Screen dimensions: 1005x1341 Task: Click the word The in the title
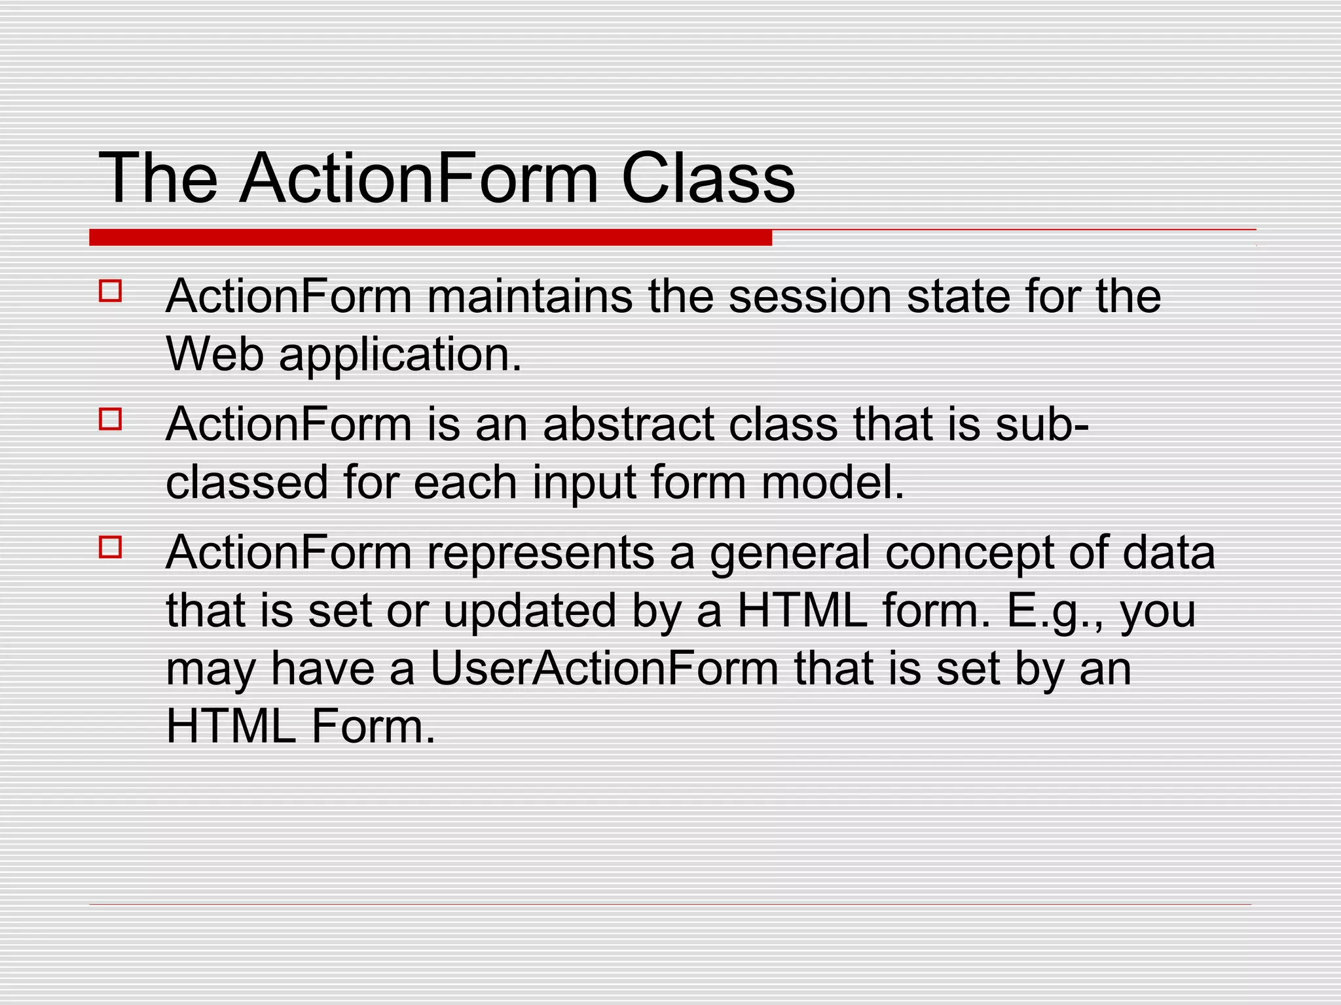tap(158, 179)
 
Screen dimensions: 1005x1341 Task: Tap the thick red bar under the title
tap(430, 238)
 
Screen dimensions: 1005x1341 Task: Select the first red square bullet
tap(111, 291)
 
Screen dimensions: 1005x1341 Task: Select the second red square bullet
tap(111, 419)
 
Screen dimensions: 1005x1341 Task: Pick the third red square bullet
tap(111, 547)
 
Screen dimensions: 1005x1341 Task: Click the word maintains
tap(530, 296)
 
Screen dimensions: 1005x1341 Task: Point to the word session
tap(809, 296)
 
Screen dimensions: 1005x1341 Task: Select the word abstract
tap(628, 425)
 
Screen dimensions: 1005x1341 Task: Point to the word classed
tap(246, 482)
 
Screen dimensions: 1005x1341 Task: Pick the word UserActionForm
tap(604, 669)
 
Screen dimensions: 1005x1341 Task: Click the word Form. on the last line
tap(373, 726)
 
